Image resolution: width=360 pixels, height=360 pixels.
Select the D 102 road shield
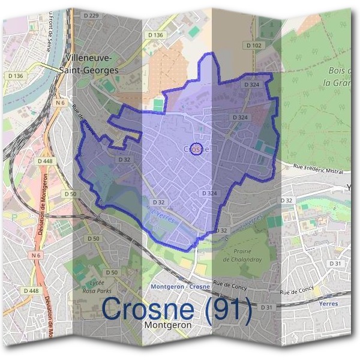(x=254, y=46)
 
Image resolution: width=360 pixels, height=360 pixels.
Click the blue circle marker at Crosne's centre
(x=196, y=149)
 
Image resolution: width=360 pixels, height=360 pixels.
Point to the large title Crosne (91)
(x=176, y=310)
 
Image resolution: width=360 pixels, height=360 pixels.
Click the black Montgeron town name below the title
(x=168, y=325)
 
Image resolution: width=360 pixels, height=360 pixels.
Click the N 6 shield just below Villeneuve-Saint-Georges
(x=60, y=103)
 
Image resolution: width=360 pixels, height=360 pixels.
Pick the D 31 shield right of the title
(x=266, y=307)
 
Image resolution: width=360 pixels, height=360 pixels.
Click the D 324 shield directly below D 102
(x=252, y=85)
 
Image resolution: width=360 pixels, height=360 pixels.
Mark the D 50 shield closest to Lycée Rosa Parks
(x=114, y=273)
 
